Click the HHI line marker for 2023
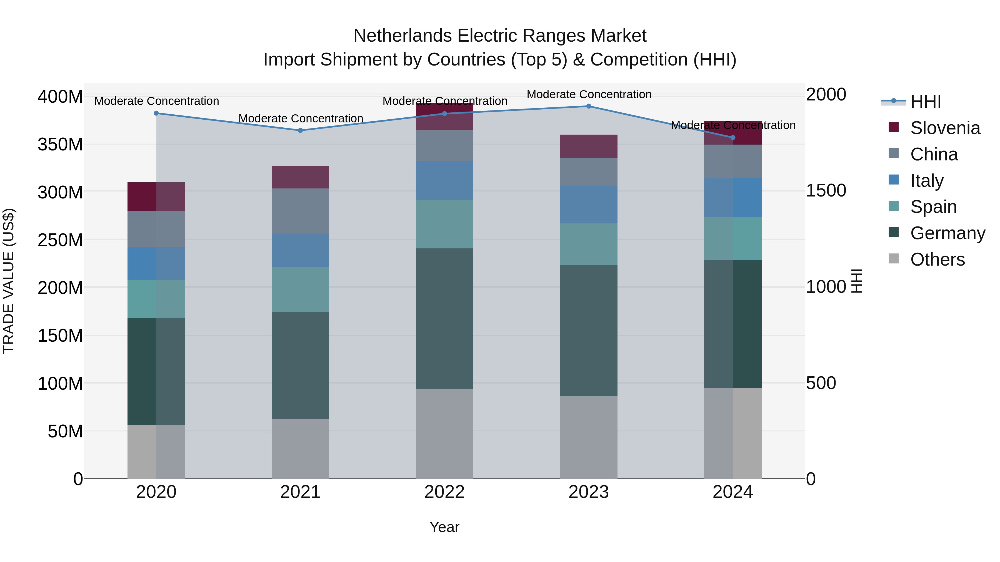tap(589, 106)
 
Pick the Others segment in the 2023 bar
tap(589, 437)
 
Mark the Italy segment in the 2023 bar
tap(589, 204)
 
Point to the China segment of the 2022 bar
tap(444, 146)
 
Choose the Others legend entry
tap(937, 259)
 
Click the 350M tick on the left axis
tap(60, 145)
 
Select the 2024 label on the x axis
tap(732, 492)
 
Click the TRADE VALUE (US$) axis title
tap(9, 281)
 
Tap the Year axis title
tap(444, 527)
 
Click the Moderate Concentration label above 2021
tap(301, 118)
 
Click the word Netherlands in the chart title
tap(402, 36)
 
